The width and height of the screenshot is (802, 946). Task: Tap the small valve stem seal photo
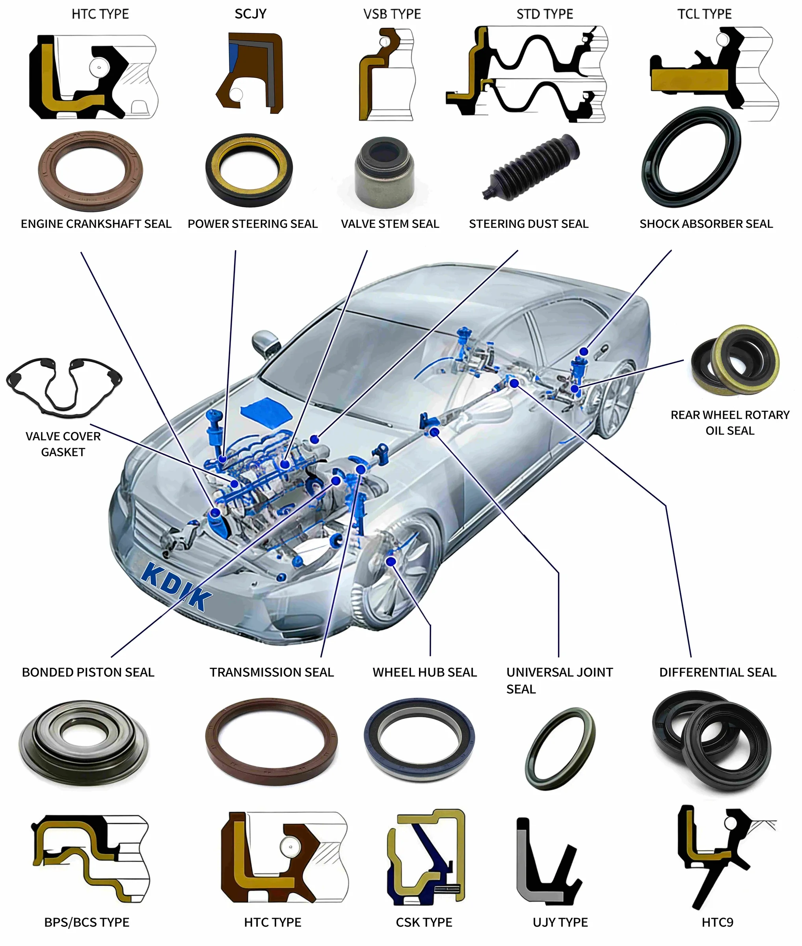tap(385, 171)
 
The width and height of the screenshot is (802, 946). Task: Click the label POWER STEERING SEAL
tap(252, 224)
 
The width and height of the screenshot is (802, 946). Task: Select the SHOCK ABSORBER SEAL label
tap(706, 224)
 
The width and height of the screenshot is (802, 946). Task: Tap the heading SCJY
tap(251, 14)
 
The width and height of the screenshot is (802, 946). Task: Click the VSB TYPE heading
tap(392, 14)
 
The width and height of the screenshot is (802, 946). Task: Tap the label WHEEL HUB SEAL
tap(424, 672)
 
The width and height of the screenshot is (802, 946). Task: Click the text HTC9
tap(717, 922)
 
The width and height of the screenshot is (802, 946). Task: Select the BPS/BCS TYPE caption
tap(87, 922)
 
